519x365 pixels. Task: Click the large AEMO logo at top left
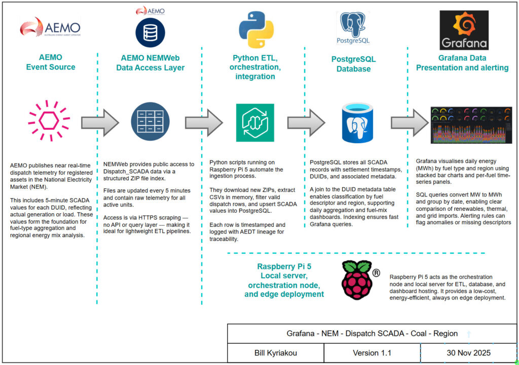[50, 27]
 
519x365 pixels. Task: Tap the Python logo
[256, 29]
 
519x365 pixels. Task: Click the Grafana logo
[464, 30]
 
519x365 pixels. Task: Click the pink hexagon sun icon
[49, 122]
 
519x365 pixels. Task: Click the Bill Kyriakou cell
[276, 353]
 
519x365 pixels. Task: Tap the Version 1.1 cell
[372, 353]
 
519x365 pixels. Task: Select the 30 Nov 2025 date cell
[468, 353]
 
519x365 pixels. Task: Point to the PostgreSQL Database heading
[353, 64]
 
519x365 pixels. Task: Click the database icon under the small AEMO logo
[150, 32]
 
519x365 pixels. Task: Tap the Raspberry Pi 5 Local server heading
[283, 280]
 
